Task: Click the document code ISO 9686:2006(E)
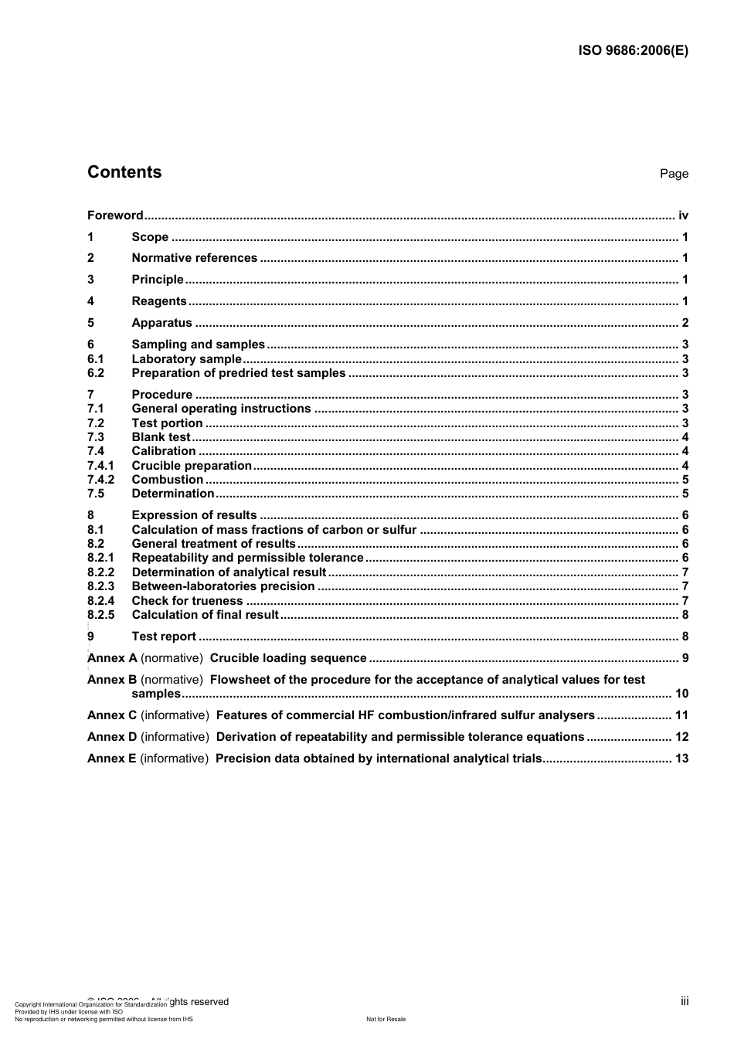click(633, 51)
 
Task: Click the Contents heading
click(124, 172)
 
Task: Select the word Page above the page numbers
click(674, 174)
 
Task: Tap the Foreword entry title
click(115, 216)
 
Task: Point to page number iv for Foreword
click(683, 216)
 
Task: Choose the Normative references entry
click(194, 258)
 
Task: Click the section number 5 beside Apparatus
click(90, 323)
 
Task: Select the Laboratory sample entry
click(186, 359)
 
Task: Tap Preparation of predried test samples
click(238, 373)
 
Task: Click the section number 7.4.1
click(100, 466)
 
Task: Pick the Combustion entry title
click(167, 480)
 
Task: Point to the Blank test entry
click(160, 437)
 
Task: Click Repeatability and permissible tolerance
click(247, 558)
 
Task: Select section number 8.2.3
click(100, 586)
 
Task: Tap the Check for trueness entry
click(187, 601)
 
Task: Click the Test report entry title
click(164, 637)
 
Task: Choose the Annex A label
click(112, 658)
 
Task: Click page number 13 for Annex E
click(681, 759)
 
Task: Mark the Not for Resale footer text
click(386, 1019)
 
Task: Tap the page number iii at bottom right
click(685, 1001)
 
